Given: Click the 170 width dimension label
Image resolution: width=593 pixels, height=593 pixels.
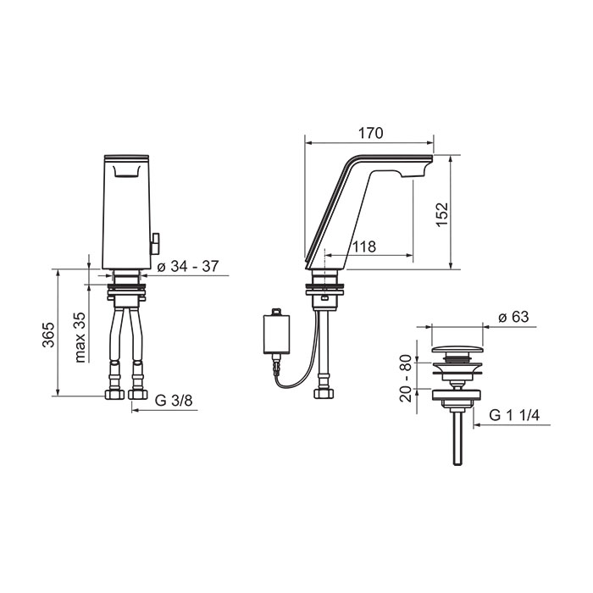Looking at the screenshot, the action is pyautogui.click(x=371, y=133).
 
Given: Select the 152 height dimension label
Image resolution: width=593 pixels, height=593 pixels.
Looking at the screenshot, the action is pyautogui.click(x=442, y=214).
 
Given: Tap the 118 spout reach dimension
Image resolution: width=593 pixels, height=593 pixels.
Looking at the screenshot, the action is pyautogui.click(x=364, y=247).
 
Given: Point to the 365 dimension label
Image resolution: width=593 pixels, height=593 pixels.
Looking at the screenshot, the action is pyautogui.click(x=48, y=335).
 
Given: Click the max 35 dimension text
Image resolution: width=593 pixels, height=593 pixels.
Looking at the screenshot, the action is pyautogui.click(x=80, y=337).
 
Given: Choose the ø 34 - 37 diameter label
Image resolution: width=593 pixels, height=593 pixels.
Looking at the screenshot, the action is pyautogui.click(x=188, y=266).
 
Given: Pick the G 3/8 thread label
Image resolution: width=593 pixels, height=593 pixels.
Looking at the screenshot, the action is pyautogui.click(x=174, y=401).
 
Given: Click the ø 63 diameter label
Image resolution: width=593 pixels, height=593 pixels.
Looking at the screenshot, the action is pyautogui.click(x=513, y=317).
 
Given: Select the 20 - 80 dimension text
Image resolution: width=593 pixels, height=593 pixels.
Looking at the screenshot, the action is pyautogui.click(x=406, y=378).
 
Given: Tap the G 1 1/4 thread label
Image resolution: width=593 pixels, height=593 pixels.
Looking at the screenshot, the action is pyautogui.click(x=514, y=415).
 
